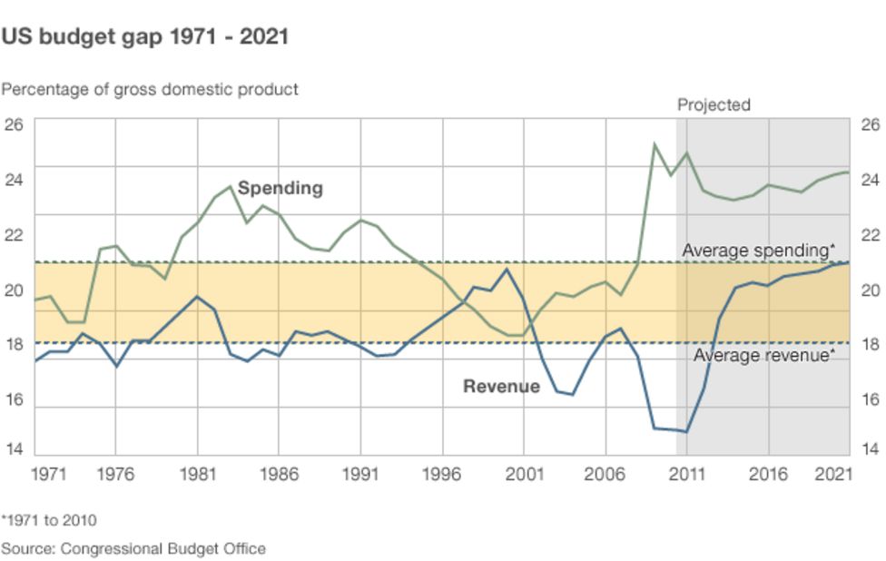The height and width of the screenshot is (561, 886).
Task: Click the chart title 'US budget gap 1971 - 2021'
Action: click(145, 37)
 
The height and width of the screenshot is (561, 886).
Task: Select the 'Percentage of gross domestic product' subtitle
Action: click(150, 89)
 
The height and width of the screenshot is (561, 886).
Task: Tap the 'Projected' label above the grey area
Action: click(714, 104)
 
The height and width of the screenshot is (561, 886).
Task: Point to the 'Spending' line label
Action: click(280, 188)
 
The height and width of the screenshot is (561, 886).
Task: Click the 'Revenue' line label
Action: click(501, 386)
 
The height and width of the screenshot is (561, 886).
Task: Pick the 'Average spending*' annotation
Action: click(758, 250)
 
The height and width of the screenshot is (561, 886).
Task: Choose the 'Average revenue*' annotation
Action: click(763, 355)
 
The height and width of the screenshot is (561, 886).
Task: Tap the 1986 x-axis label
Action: click(279, 473)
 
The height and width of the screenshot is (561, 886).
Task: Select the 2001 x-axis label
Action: click(524, 473)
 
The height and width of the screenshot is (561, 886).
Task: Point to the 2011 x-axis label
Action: click(687, 473)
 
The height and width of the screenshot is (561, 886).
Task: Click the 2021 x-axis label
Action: click(834, 473)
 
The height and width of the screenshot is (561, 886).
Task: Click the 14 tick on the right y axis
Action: click(870, 448)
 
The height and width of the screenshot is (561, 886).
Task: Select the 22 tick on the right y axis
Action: click(870, 234)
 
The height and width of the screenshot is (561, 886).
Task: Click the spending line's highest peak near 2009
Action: click(654, 143)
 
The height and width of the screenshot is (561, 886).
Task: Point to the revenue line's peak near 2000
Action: click(507, 269)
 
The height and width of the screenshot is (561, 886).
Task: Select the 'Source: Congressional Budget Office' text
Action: click(133, 548)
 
